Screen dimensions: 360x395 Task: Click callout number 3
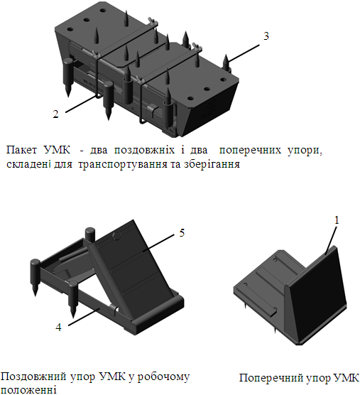click(x=266, y=36)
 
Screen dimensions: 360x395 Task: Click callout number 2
click(x=55, y=114)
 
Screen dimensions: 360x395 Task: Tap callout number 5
click(x=182, y=233)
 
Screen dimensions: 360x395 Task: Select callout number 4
click(x=58, y=327)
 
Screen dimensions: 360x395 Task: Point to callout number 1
click(x=337, y=220)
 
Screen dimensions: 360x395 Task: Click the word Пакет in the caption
click(x=21, y=150)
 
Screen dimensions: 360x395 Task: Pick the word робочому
click(x=163, y=377)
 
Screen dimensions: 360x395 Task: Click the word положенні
click(x=28, y=389)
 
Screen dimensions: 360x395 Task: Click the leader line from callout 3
click(x=244, y=53)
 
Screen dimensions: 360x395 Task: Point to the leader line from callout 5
click(x=158, y=243)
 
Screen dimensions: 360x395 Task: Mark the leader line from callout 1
click(x=330, y=240)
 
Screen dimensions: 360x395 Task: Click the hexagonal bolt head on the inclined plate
click(x=117, y=237)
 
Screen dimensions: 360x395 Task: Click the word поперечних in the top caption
click(x=250, y=151)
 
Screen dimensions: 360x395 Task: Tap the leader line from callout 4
click(x=84, y=316)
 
